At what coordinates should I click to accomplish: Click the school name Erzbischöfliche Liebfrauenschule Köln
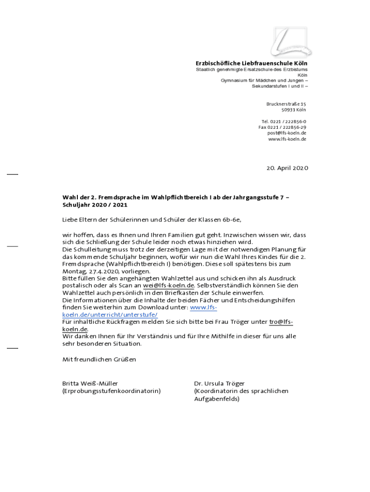pos(251,63)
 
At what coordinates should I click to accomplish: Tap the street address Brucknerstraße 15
pos(286,104)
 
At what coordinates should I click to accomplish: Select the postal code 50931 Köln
pos(294,110)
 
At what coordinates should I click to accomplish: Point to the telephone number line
pos(284,122)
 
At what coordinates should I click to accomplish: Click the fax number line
pos(283,127)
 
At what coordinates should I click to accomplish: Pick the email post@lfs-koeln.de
pos(287,133)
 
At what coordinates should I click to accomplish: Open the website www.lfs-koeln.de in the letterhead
pos(287,139)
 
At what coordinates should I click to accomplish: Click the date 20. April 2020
pos(287,168)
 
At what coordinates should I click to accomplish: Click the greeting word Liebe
pos(70,220)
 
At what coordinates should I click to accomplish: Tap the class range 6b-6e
pos(231,220)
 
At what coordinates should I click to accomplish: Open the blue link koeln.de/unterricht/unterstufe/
pos(110,314)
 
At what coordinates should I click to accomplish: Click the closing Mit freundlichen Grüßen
pos(99,359)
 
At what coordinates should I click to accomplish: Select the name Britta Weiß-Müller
pos(90,383)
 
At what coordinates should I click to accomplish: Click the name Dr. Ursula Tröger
pos(219,383)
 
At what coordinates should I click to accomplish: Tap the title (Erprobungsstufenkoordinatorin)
pos(111,391)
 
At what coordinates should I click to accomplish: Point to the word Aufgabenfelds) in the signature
pos(216,398)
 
